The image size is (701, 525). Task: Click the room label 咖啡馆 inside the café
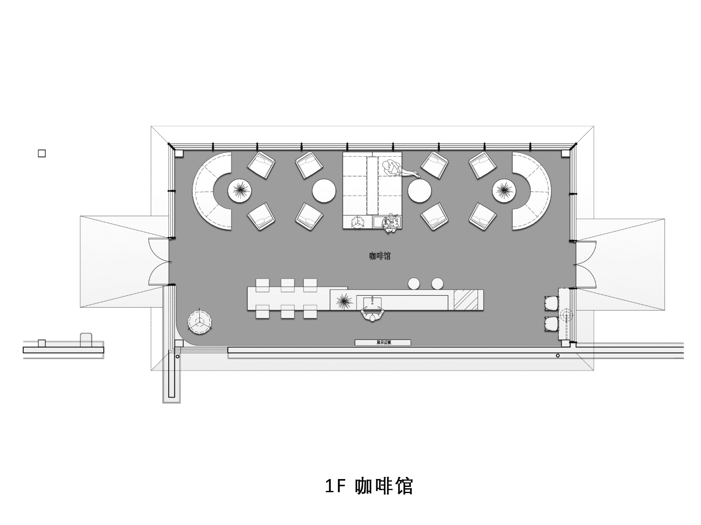[380, 256]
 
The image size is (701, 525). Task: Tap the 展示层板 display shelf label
[383, 343]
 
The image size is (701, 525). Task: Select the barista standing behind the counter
[372, 314]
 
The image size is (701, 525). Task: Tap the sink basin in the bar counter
[372, 301]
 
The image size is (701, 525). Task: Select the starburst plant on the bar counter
[344, 301]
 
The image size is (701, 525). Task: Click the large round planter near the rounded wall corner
[200, 322]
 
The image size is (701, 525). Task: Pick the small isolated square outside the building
[42, 154]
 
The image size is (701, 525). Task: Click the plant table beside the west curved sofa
[240, 191]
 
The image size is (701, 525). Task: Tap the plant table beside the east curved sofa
[504, 191]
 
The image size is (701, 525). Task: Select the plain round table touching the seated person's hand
[420, 191]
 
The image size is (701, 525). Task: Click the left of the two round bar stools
[414, 283]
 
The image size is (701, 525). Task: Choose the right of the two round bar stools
[438, 283]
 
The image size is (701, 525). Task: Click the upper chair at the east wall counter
[552, 303]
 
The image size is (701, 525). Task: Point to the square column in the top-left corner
[178, 153]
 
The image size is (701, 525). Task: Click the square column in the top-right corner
[566, 153]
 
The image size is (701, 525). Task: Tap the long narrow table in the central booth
[372, 186]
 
